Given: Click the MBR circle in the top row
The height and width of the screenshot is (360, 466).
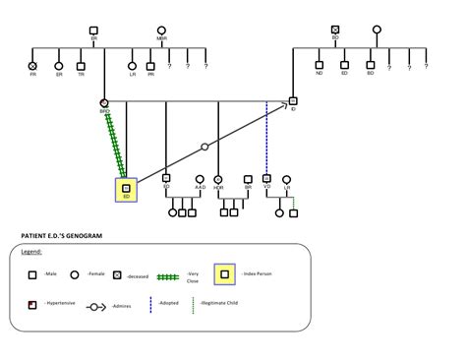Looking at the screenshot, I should (161, 30).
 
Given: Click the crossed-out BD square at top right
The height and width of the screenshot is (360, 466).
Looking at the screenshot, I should (335, 30).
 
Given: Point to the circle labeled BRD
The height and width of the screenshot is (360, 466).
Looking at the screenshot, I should (104, 102).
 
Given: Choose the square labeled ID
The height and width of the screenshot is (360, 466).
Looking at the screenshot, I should (293, 101).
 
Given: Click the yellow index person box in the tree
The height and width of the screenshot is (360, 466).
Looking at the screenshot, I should (126, 189).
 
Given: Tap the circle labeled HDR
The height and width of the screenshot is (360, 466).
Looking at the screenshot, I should (217, 178).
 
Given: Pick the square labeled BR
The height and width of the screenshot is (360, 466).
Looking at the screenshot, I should (248, 178).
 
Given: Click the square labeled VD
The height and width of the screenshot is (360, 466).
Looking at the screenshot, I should (266, 178).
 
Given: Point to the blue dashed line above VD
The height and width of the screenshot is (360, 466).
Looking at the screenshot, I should (266, 138).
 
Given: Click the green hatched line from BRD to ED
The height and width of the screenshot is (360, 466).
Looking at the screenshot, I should (115, 143).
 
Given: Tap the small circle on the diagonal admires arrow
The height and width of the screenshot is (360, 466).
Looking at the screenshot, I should (204, 147).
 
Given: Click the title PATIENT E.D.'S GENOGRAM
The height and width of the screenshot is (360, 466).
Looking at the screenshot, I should (61, 236).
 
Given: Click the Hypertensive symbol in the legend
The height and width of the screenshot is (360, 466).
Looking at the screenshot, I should (33, 305).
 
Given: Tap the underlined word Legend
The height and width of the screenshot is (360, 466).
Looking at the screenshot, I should (30, 251).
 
